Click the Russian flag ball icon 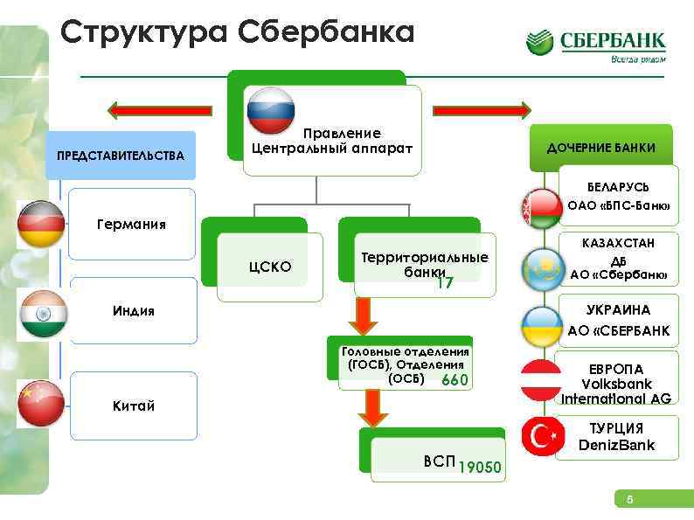click(x=270, y=111)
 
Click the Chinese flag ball click(x=41, y=404)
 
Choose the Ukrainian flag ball click(x=545, y=325)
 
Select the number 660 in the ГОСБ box click(x=455, y=380)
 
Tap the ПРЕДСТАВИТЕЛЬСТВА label click(x=120, y=156)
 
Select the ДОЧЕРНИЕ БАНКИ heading click(x=600, y=148)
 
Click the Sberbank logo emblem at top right click(x=539, y=43)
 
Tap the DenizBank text click(x=616, y=445)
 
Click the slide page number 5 click(x=627, y=500)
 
